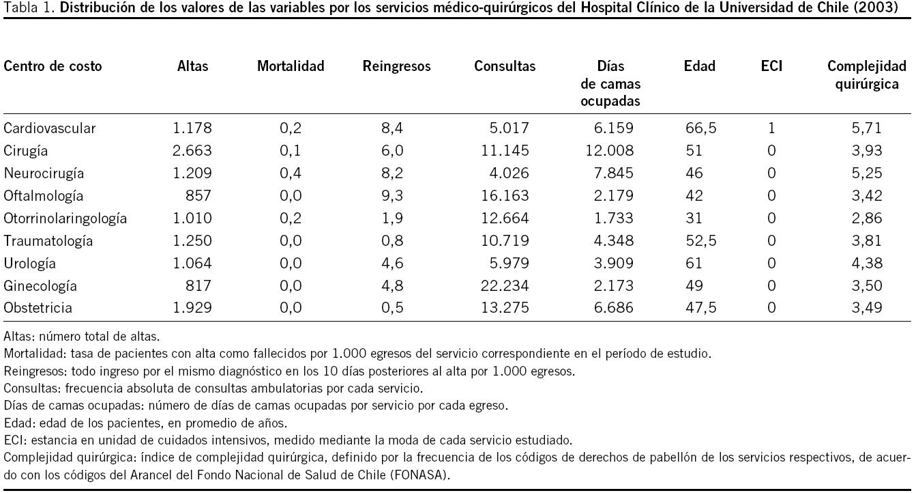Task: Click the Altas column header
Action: (192, 66)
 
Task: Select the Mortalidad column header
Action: (291, 66)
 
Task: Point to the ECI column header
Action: (771, 66)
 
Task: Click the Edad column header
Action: (699, 66)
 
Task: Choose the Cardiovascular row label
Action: (50, 128)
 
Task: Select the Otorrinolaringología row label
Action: (65, 219)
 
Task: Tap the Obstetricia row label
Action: (38, 308)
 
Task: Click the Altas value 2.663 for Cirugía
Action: (194, 150)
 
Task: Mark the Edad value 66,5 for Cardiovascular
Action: (700, 128)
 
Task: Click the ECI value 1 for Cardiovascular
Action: (771, 128)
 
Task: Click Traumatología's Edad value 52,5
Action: (700, 240)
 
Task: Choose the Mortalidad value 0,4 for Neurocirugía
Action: (291, 173)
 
